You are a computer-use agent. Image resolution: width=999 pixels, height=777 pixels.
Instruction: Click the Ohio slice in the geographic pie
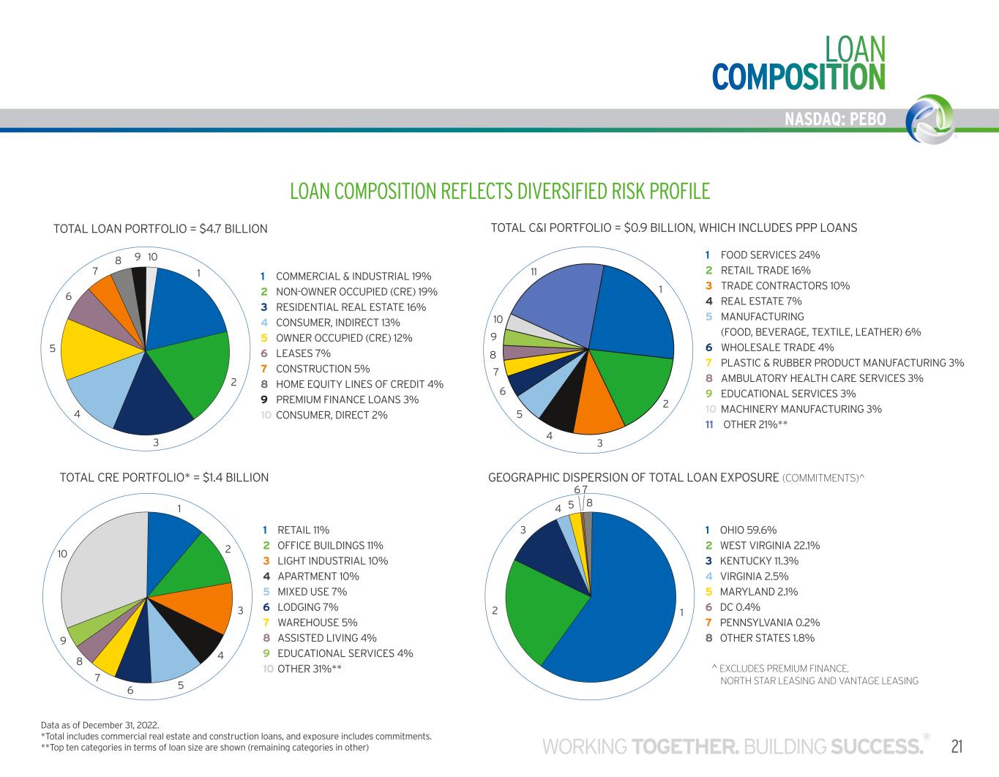(622, 607)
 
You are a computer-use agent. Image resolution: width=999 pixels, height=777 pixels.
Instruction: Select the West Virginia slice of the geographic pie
(542, 607)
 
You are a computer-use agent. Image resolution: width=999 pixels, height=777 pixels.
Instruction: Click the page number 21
(957, 746)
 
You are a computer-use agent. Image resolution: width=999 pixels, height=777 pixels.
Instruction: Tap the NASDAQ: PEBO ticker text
(834, 119)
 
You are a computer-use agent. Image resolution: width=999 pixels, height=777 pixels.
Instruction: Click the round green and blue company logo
(929, 119)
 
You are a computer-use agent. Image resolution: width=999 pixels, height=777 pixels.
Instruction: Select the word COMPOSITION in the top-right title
(798, 77)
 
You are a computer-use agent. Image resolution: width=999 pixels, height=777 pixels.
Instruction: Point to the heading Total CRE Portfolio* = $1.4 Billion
(164, 478)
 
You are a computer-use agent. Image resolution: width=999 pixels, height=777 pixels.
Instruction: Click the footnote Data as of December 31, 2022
(100, 725)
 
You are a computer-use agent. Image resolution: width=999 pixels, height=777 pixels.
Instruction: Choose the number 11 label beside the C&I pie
(534, 271)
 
